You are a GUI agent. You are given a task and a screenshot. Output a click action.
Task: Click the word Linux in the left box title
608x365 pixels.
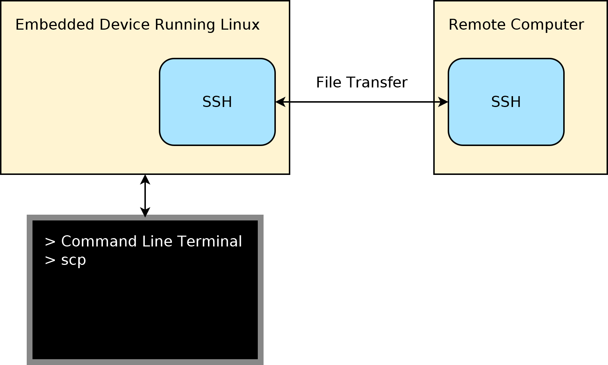[240, 25]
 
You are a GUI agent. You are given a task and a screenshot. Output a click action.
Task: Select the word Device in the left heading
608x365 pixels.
[125, 25]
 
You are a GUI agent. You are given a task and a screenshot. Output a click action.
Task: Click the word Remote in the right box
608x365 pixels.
[477, 25]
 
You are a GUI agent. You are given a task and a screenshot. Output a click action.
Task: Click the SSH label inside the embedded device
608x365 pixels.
[217, 102]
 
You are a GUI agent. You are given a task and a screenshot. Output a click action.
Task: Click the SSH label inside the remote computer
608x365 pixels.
[506, 102]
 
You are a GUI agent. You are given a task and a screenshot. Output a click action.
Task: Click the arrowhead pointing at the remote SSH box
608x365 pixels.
[443, 102]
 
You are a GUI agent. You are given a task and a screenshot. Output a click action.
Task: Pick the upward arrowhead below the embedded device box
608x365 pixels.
[145, 180]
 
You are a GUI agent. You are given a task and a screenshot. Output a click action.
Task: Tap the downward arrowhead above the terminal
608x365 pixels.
[145, 212]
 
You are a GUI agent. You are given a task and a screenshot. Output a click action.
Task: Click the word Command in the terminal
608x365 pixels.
[99, 241]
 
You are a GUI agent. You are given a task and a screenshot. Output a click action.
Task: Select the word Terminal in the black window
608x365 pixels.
[209, 241]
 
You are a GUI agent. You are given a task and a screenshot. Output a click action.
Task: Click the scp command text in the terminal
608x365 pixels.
[74, 260]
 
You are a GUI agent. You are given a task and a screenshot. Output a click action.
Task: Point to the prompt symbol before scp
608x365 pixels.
[50, 260]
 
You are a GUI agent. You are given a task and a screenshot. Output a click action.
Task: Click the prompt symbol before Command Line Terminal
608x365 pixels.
[50, 242]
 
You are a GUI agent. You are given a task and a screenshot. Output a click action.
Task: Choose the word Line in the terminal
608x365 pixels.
[157, 241]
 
